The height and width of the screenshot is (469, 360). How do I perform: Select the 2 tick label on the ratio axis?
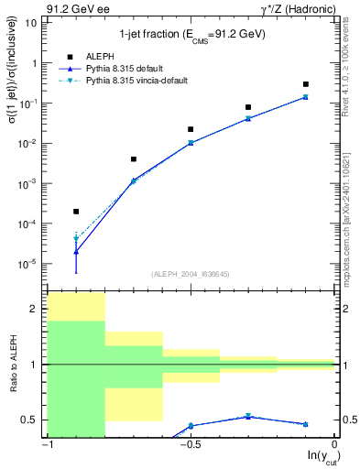point(35,310)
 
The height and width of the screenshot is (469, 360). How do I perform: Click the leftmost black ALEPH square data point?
point(76,211)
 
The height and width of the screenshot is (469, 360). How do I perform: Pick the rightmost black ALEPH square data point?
point(306,84)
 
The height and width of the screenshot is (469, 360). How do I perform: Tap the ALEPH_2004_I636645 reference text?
point(191,275)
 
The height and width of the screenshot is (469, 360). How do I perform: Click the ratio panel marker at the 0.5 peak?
point(248,416)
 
